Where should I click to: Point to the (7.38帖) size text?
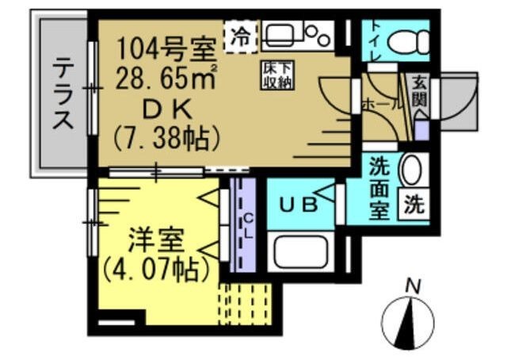click(166, 138)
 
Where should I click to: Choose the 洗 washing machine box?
click(414, 205)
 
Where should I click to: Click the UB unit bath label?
click(301, 204)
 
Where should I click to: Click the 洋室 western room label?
click(155, 239)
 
